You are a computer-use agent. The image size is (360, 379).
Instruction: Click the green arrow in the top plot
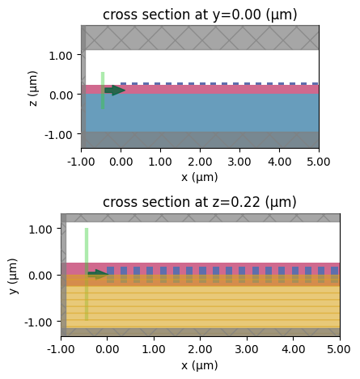click(x=114, y=91)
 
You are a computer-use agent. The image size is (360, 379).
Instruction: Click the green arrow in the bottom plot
click(x=98, y=274)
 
